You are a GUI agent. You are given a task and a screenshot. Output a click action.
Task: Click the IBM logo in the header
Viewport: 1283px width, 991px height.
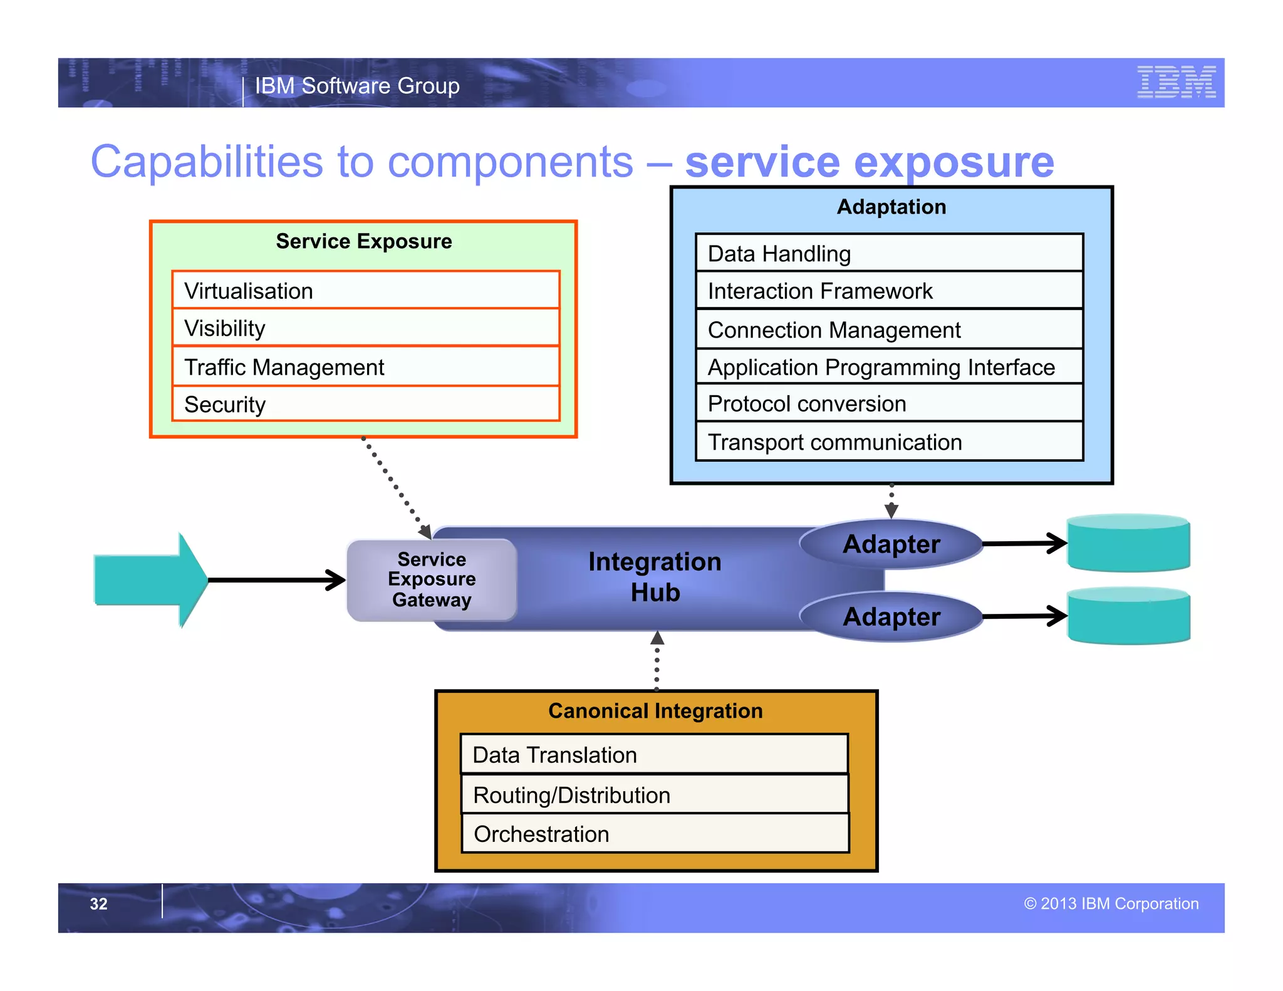(x=1176, y=82)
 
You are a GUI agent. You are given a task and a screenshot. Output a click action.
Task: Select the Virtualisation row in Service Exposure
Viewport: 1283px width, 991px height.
(x=365, y=291)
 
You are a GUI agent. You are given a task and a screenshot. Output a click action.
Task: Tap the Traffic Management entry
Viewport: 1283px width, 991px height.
(x=365, y=367)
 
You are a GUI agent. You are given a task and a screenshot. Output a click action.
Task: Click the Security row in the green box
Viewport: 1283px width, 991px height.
(x=365, y=405)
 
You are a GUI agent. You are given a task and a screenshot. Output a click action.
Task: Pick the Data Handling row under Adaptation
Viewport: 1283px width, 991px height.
(x=889, y=254)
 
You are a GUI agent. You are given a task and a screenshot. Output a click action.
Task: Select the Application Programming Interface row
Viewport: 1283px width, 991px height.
(x=889, y=368)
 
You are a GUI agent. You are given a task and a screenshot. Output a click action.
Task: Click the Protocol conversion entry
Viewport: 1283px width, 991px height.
(x=889, y=404)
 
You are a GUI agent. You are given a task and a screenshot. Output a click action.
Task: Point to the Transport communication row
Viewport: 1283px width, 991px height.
(x=889, y=442)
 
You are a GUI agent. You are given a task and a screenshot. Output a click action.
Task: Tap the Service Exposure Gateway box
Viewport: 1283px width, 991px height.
(x=432, y=579)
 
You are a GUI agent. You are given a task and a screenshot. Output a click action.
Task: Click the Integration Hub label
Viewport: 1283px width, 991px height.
(x=655, y=577)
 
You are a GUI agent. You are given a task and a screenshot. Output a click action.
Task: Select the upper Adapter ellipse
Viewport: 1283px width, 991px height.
(x=891, y=544)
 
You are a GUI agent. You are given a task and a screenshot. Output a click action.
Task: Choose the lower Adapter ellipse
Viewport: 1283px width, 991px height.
(x=891, y=617)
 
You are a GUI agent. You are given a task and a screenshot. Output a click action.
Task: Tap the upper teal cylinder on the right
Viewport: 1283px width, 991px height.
(x=1128, y=543)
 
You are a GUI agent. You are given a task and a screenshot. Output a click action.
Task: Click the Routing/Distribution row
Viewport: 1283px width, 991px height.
(x=655, y=795)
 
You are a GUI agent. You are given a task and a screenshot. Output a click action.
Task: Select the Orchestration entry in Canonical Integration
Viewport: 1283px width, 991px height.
(x=655, y=834)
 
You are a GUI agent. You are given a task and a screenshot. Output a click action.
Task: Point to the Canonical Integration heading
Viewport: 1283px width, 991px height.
(x=655, y=711)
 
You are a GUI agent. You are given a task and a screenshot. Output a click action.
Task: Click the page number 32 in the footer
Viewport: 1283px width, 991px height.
(x=98, y=904)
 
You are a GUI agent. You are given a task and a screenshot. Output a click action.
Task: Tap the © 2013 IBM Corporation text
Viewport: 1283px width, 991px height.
(x=1111, y=904)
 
